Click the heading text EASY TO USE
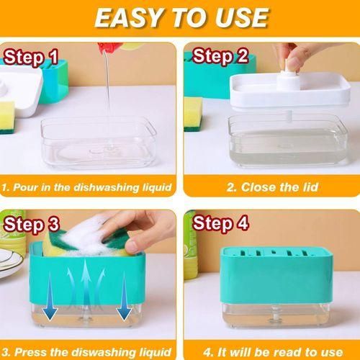181,18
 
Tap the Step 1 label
31,58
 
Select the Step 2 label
220,56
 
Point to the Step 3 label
31,225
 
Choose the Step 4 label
220,223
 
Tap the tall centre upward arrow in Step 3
86,283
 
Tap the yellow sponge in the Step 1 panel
7,115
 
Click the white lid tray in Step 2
289,92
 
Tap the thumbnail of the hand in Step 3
132,247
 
